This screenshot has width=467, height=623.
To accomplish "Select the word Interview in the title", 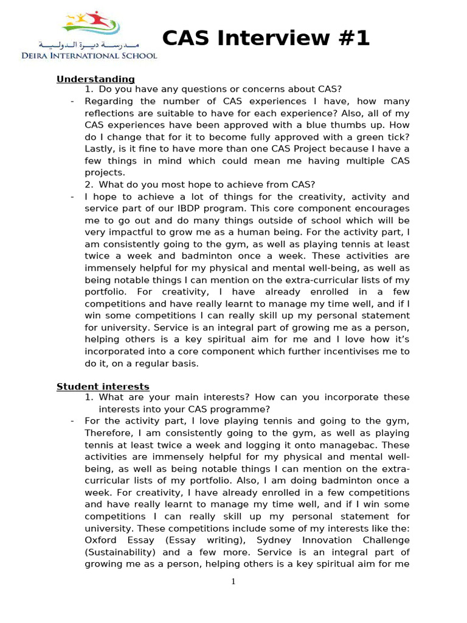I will (x=269, y=39).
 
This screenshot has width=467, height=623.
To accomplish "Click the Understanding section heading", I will (x=95, y=79).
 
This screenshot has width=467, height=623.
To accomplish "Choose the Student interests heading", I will (x=103, y=387).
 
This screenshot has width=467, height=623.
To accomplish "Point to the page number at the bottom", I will (x=233, y=582).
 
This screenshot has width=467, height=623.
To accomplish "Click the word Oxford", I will (x=100, y=540).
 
